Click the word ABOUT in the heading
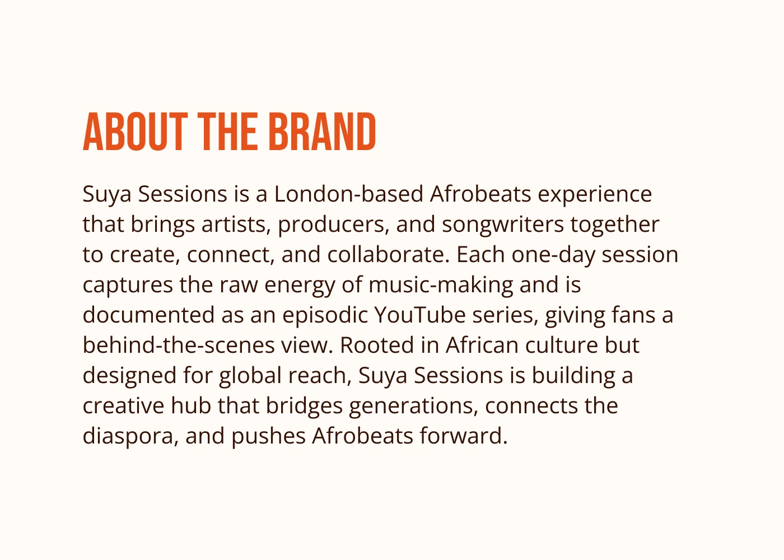[136, 132]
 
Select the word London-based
[348, 194]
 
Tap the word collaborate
[388, 254]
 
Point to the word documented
[148, 315]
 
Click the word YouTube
[420, 315]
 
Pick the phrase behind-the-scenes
[179, 345]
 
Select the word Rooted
[377, 345]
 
